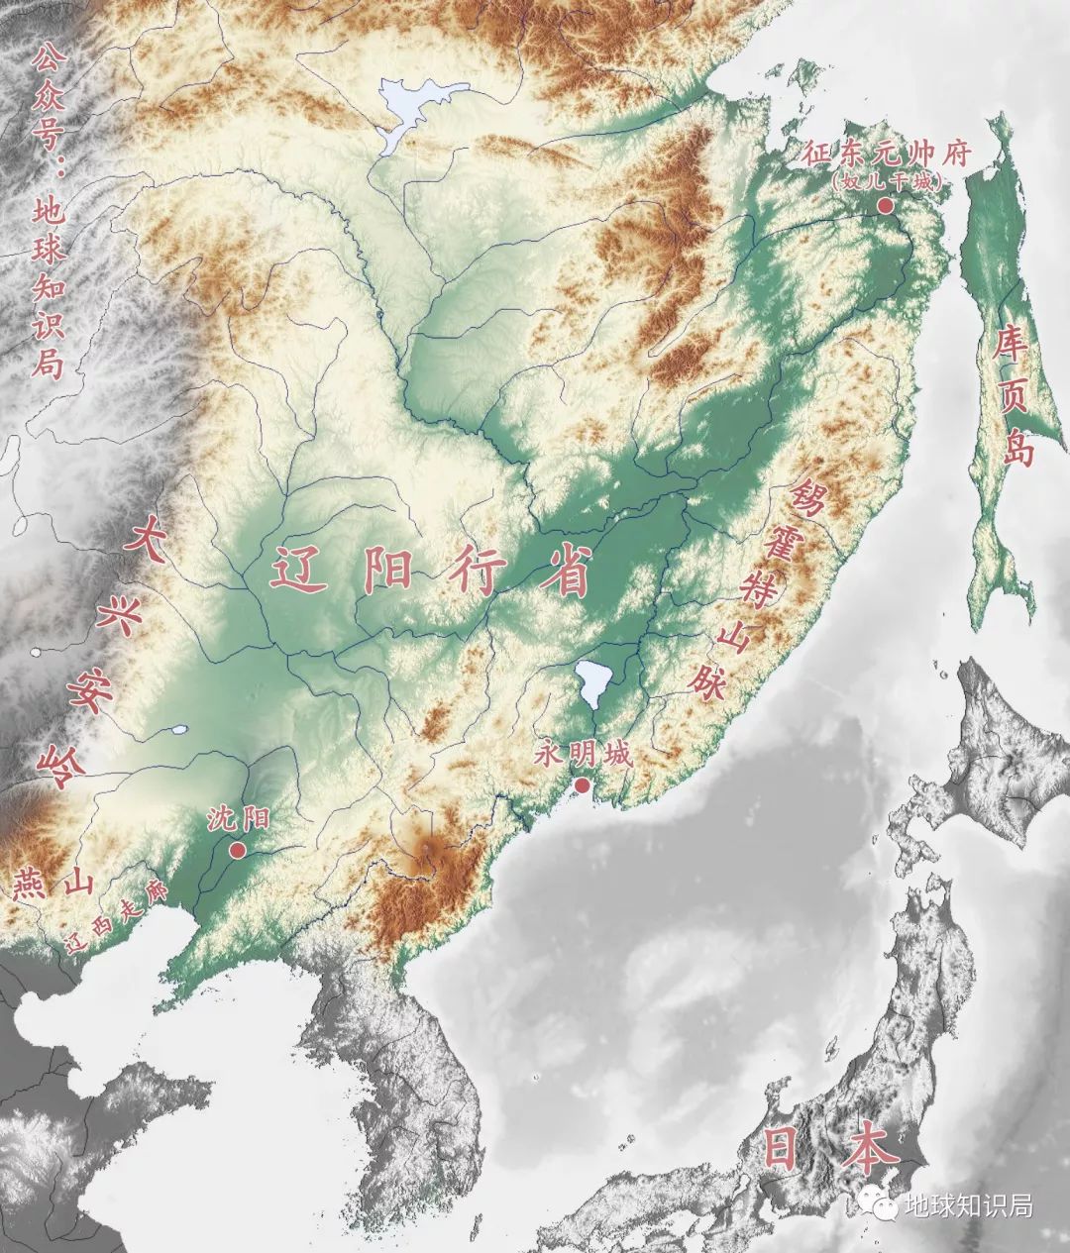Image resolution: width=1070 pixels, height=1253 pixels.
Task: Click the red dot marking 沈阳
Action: point(237,850)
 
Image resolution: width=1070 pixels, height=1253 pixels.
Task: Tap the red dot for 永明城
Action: point(583,785)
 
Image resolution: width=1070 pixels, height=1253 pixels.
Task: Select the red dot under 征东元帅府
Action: point(884,205)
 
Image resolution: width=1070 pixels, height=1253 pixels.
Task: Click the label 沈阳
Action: point(238,819)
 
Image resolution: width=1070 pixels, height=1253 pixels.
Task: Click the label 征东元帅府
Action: point(887,155)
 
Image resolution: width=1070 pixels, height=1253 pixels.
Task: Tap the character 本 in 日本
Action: point(872,1149)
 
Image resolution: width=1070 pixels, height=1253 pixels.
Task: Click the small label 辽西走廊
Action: point(114,917)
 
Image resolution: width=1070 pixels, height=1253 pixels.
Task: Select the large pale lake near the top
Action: point(416,109)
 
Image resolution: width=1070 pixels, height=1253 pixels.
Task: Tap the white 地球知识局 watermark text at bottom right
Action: point(968,1206)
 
